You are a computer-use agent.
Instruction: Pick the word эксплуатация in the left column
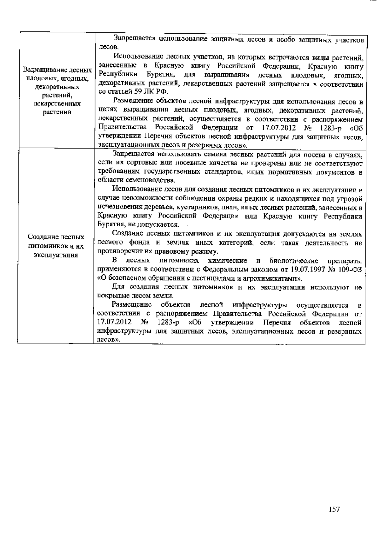pyautogui.click(x=56, y=255)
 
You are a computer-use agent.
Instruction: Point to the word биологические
pyautogui.click(x=294, y=261)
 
